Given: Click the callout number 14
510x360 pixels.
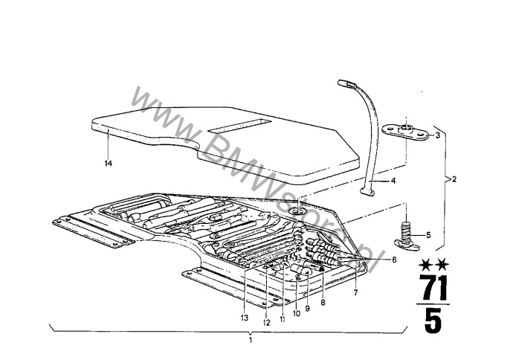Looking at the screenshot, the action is click(109, 164).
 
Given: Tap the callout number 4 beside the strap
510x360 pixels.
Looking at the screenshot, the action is click(393, 181).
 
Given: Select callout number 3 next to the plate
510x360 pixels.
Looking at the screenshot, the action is click(437, 135).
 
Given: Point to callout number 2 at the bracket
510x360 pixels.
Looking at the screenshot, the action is click(454, 179).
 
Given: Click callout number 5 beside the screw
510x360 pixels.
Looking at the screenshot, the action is click(428, 235).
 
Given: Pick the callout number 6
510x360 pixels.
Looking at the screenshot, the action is click(394, 260).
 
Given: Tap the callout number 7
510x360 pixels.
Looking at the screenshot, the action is click(355, 293).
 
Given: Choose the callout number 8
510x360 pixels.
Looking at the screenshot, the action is click(323, 303).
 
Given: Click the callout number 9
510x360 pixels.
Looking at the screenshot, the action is click(307, 308).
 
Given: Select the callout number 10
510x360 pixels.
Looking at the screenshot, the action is click(297, 313).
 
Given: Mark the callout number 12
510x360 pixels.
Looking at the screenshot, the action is click(266, 323).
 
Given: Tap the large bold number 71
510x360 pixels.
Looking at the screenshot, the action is click(433, 288).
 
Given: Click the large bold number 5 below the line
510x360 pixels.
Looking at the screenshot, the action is click(433, 321).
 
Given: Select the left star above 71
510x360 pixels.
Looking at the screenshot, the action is click(425, 265).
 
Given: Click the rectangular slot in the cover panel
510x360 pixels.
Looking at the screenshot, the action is click(239, 126).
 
